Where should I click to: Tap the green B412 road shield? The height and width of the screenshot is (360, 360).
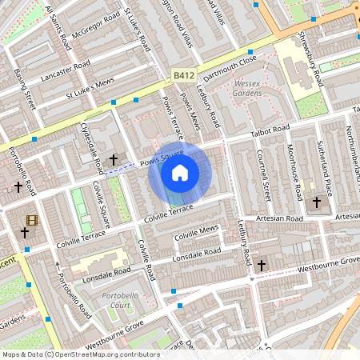pyautogui.click(x=183, y=74)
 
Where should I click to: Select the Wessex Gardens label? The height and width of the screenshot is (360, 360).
pyautogui.click(x=247, y=88)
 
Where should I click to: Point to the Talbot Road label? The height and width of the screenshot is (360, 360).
pyautogui.click(x=270, y=130)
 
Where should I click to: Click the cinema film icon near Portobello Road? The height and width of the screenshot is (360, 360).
pyautogui.click(x=31, y=220)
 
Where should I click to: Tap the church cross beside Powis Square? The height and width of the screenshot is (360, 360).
pyautogui.click(x=114, y=160)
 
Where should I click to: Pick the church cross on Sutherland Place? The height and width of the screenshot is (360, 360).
pyautogui.click(x=316, y=202)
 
